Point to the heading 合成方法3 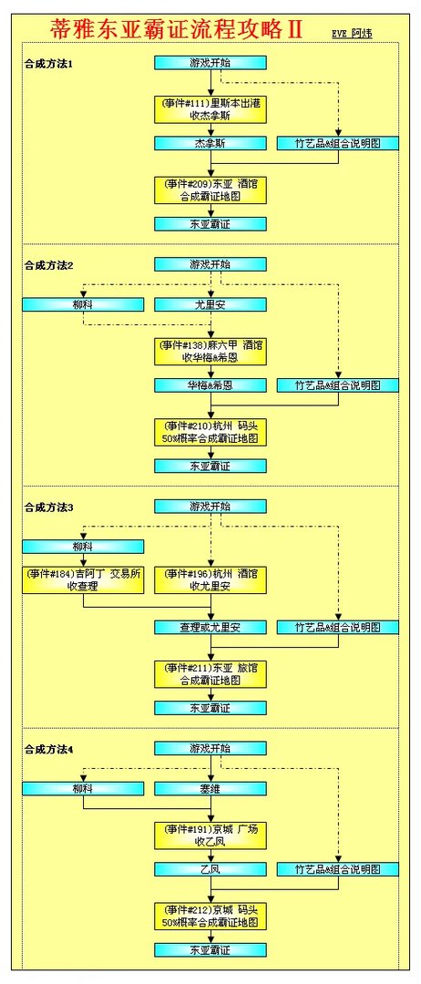click(x=49, y=507)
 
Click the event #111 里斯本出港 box click(x=210, y=108)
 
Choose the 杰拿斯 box click(x=210, y=143)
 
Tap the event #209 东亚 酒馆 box click(x=210, y=190)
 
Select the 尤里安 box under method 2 click(x=210, y=304)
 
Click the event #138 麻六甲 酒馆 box click(x=210, y=351)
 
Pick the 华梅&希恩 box click(x=210, y=385)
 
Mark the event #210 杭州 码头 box click(x=210, y=432)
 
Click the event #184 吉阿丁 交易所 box click(x=83, y=580)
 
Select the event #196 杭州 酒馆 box click(x=210, y=580)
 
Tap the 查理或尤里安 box click(x=210, y=627)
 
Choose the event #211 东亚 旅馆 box click(x=210, y=673)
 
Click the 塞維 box click(x=210, y=788)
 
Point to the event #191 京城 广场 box click(x=210, y=835)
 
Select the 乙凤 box click(x=210, y=869)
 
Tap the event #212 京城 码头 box click(x=210, y=916)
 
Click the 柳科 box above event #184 click(x=83, y=547)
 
